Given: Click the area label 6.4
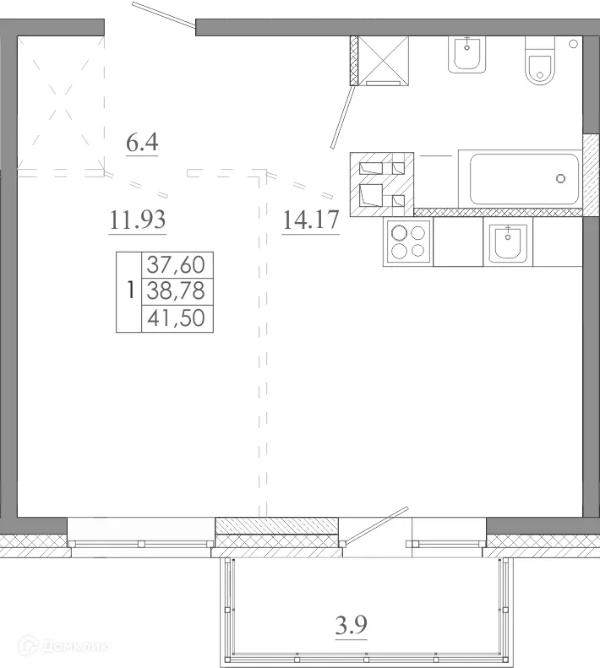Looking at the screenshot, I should pos(142,142).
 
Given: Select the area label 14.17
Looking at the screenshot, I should pos(310,221).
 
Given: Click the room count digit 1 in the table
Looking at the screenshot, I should pos(128,291).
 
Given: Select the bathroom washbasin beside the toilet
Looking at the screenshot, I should pos(465,56).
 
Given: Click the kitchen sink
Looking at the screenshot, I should pos(507,243).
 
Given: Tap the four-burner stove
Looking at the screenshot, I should pos(407,243).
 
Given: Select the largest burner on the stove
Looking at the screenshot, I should pos(398,234).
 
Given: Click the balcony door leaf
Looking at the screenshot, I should pos(372,528).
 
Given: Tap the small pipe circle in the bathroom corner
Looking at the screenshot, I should pos(573,43).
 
